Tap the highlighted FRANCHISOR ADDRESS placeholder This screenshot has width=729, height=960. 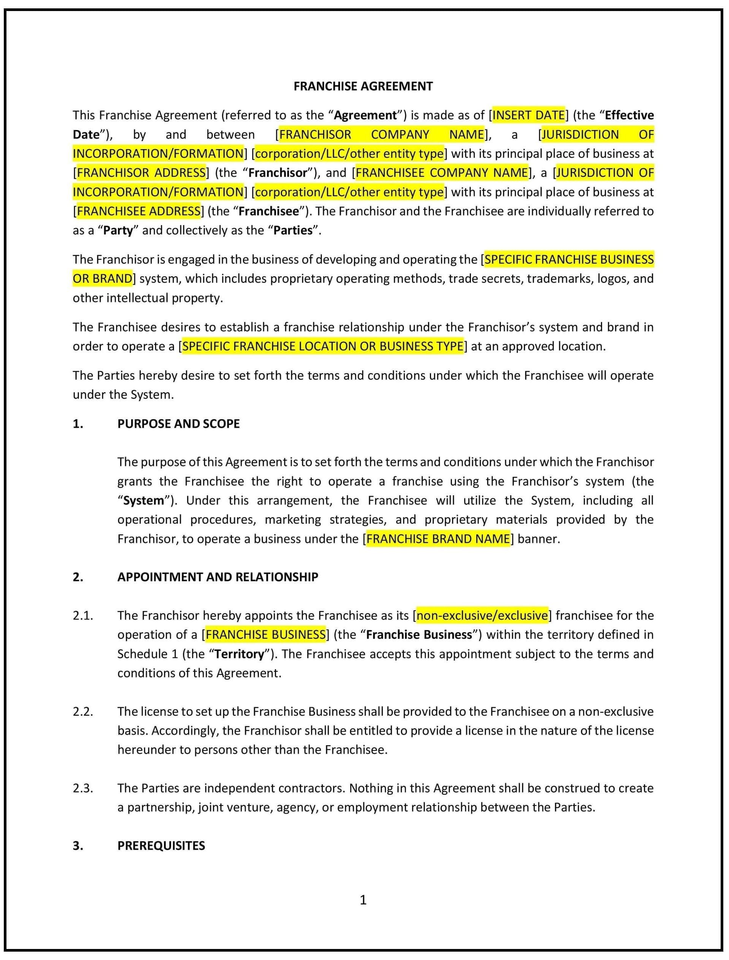(x=141, y=173)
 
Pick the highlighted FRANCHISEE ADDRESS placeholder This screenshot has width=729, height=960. (x=138, y=211)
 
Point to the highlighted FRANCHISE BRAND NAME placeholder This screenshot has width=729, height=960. (x=438, y=539)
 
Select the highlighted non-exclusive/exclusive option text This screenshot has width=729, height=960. (x=482, y=616)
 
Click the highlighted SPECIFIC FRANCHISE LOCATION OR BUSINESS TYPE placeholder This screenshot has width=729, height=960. (x=322, y=346)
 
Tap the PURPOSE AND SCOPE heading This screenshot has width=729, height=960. (x=178, y=424)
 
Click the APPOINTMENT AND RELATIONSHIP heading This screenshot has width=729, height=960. (x=217, y=577)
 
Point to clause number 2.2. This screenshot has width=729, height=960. (x=83, y=711)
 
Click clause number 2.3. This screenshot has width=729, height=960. (x=83, y=788)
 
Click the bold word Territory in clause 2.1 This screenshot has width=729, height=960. (x=239, y=654)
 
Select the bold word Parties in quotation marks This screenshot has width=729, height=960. (x=293, y=230)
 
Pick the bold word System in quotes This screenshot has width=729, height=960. (x=144, y=500)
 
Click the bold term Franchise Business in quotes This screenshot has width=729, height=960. (x=419, y=635)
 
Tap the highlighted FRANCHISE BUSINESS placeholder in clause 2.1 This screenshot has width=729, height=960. (x=266, y=635)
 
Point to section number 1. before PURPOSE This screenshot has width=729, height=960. (x=78, y=424)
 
